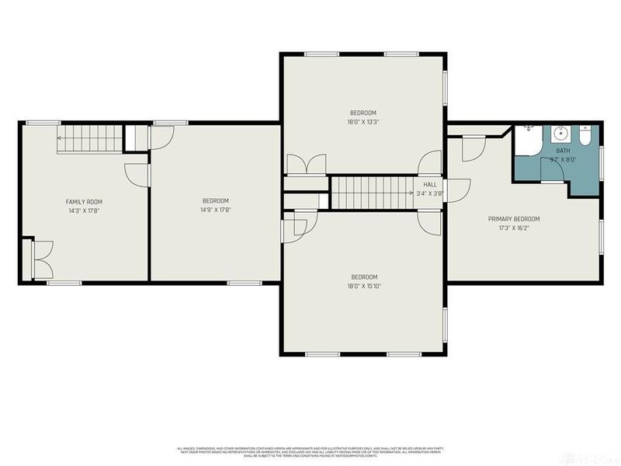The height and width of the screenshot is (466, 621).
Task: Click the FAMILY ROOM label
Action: pos(84,201)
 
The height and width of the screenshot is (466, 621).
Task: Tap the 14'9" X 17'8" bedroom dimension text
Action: pos(215,209)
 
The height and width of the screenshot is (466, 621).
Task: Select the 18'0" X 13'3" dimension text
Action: pos(363,121)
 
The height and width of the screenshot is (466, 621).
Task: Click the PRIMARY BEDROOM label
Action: pos(513,219)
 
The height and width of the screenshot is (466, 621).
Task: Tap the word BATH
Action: pos(562,151)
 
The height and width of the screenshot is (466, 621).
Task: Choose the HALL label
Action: pos(429,184)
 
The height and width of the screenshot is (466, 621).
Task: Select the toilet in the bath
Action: pos(585,136)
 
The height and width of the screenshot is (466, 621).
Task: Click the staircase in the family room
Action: pos(88,141)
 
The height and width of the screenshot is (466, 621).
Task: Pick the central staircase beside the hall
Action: pos(370,192)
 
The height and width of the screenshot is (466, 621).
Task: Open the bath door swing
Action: pos(551,172)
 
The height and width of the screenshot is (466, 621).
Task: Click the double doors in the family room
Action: pos(42,259)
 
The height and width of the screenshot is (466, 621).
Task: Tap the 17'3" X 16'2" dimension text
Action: pos(513,228)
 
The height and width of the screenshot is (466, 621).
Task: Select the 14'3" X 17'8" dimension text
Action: pos(84,210)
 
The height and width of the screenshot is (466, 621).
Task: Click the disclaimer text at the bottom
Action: pos(310,450)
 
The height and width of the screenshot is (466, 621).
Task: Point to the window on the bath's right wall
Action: pos(601,151)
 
